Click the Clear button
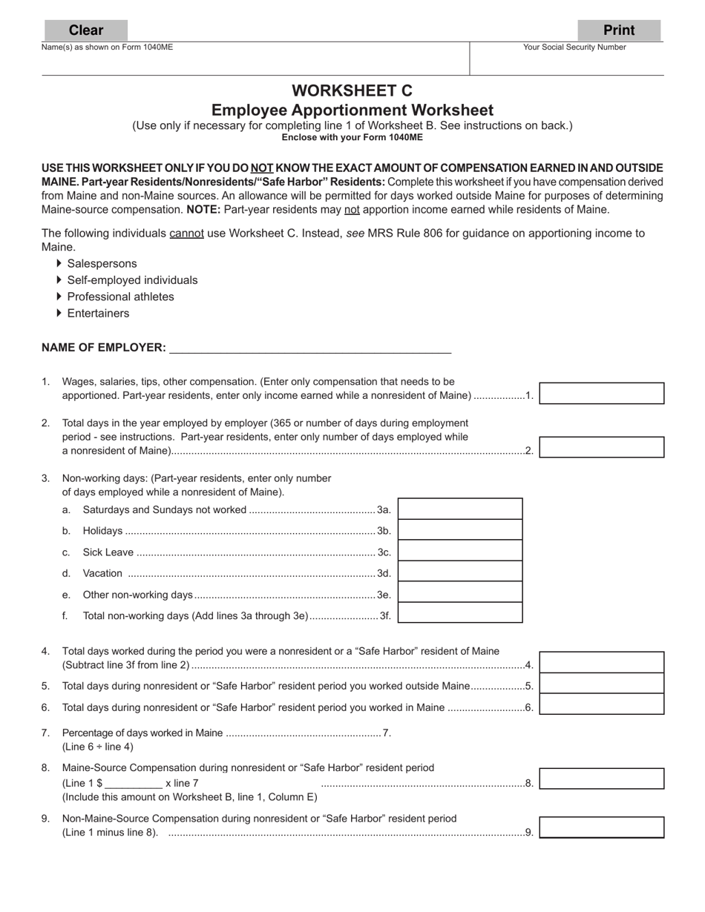tap(86, 30)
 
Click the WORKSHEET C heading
tap(352, 90)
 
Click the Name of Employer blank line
tap(310, 348)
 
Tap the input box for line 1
tap(601, 394)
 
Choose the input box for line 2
tap(601, 448)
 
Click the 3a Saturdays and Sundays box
tap(460, 509)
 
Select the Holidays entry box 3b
tap(460, 530)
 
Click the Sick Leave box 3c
tap(460, 551)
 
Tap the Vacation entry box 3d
tap(460, 572)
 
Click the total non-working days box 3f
tap(460, 613)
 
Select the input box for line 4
tap(601, 663)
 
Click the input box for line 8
tap(601, 779)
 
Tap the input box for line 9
tap(601, 828)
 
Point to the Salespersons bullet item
tap(102, 264)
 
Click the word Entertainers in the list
tap(98, 314)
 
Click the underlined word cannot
tap(186, 234)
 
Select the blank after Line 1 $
tap(134, 783)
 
